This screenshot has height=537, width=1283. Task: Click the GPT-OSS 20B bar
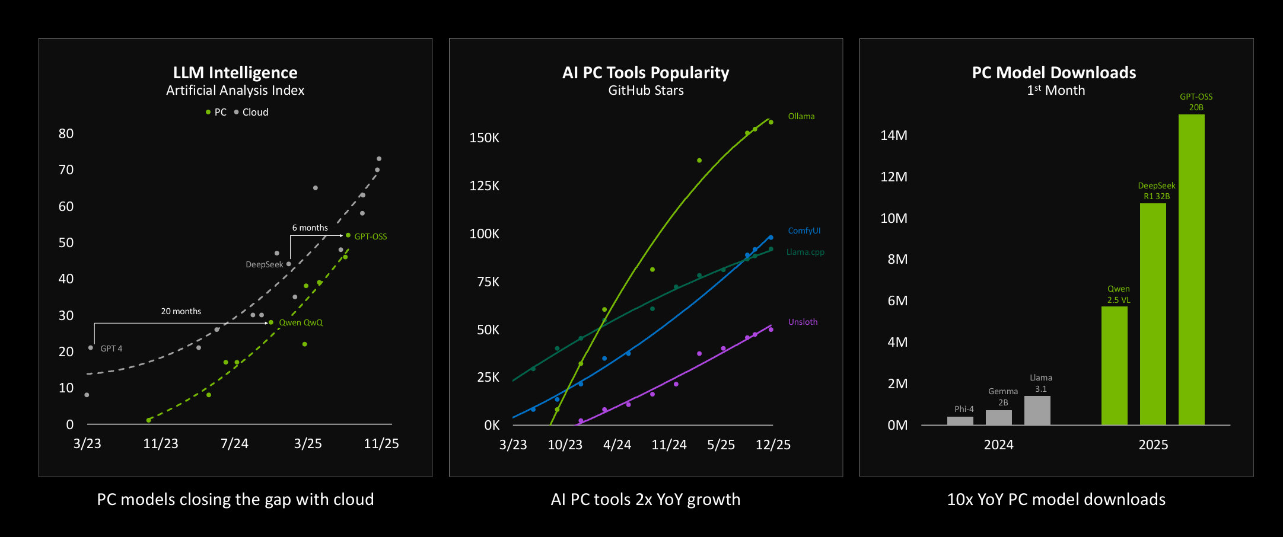[1191, 270]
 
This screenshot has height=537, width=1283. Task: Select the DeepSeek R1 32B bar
[1153, 314]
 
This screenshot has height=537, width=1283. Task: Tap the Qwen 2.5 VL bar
[1114, 366]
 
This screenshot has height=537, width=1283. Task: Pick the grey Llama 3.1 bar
[1037, 410]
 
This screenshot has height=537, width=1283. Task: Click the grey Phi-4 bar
[960, 420]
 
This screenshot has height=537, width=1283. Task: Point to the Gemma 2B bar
[998, 417]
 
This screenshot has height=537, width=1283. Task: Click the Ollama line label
[801, 116]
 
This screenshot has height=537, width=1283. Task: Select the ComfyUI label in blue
[804, 231]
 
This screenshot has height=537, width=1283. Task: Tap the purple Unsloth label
[803, 322]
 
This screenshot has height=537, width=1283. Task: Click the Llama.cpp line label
[805, 252]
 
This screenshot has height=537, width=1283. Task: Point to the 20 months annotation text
[181, 311]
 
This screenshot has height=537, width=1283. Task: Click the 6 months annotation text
[310, 228]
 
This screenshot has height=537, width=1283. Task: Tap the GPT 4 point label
[111, 349]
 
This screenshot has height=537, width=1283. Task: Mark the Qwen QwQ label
[301, 322]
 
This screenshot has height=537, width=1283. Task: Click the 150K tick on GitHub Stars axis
[484, 138]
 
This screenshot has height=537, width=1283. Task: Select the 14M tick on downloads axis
[893, 135]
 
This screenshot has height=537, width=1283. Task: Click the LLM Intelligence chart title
[235, 72]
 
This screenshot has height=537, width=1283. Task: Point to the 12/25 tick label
[772, 445]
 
